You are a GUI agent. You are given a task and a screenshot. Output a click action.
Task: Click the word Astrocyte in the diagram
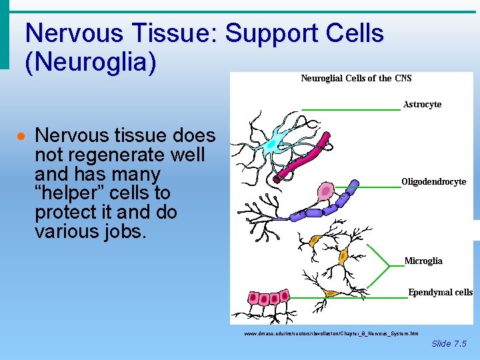422,105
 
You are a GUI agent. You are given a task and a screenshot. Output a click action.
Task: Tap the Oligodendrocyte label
433,182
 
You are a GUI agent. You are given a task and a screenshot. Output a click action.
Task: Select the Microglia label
423,261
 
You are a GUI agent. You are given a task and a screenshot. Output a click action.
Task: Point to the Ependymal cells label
440,292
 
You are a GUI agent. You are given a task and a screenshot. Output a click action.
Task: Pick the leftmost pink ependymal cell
253,297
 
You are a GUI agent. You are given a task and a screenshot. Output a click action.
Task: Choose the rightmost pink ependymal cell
285,295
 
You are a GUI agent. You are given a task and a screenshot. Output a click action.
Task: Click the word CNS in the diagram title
403,78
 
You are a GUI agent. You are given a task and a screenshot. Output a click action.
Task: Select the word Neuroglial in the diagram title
322,78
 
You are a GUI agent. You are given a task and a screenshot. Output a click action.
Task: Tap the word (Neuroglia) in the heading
90,62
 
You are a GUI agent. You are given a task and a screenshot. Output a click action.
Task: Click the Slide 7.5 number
449,344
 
